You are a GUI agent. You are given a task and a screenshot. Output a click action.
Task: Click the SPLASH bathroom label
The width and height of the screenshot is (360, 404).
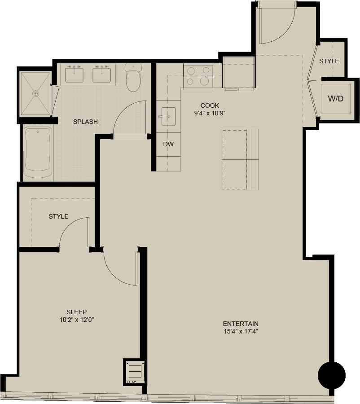85,122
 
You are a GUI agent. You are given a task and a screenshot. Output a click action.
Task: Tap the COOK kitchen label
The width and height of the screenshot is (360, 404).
209,105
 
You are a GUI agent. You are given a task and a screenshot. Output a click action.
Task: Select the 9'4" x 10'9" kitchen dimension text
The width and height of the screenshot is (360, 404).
209,113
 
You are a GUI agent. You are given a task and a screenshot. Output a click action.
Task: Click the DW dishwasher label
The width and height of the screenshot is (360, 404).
168,144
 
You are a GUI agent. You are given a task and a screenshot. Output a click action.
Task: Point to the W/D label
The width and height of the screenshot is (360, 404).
335,98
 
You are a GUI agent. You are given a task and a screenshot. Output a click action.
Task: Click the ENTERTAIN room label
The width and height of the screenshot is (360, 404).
241,324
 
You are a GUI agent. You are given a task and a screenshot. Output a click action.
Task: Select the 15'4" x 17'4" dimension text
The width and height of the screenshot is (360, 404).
241,332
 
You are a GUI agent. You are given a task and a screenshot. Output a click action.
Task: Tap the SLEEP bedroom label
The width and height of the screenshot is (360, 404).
76,312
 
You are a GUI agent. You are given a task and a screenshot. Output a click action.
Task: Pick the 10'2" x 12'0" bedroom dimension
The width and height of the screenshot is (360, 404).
76,320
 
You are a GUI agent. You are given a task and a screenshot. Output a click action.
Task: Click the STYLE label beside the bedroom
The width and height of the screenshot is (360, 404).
58,216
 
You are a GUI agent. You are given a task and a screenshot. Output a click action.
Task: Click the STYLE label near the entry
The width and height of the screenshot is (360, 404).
329,61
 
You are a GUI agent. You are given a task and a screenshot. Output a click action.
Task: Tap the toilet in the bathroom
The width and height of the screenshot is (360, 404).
133,77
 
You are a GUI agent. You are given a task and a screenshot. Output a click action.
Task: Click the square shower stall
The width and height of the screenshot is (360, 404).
35,93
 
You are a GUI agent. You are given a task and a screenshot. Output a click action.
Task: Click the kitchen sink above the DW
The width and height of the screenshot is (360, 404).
168,116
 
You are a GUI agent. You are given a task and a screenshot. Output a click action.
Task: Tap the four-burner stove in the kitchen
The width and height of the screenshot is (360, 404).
198,76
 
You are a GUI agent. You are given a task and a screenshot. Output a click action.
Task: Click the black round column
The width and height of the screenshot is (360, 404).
332,375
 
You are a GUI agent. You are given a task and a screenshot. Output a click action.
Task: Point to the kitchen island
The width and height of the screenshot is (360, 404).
240,159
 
